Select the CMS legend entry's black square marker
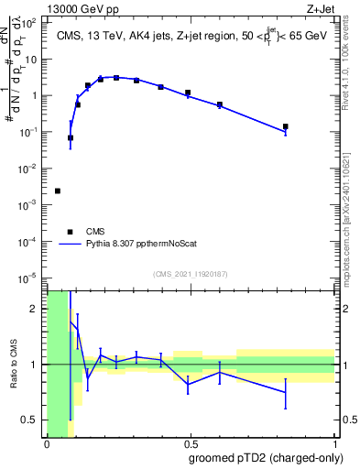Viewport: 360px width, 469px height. (x=70, y=232)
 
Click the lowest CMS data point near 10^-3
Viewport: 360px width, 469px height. (x=58, y=191)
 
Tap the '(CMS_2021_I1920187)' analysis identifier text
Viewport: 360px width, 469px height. (x=190, y=274)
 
